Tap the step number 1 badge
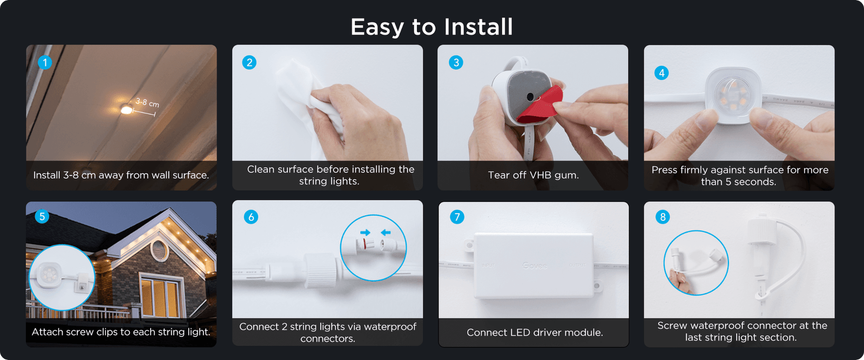pyautogui.click(x=45, y=63)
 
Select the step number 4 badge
pyautogui.click(x=661, y=73)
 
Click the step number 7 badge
pyautogui.click(x=457, y=217)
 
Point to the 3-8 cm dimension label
pyautogui.click(x=147, y=102)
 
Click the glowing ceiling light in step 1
pyautogui.click(x=126, y=110)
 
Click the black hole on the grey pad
pyautogui.click(x=530, y=97)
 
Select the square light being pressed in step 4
pyautogui.click(x=733, y=94)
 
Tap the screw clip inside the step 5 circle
pyautogui.click(x=82, y=283)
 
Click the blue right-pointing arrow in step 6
pyautogui.click(x=366, y=233)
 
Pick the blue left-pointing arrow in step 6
pyautogui.click(x=386, y=233)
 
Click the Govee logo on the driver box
pyautogui.click(x=535, y=266)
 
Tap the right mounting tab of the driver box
pyautogui.click(x=597, y=284)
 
